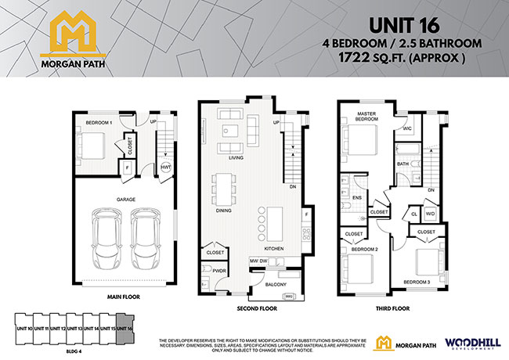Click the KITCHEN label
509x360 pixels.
pyautogui.click(x=273, y=248)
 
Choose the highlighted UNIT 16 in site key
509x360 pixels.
pyautogui.click(x=125, y=329)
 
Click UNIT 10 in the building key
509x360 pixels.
pyautogui.click(x=24, y=329)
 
